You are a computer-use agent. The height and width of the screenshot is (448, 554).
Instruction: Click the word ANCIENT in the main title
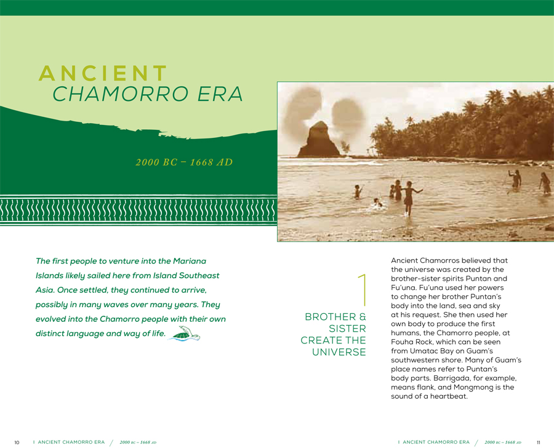(x=103, y=73)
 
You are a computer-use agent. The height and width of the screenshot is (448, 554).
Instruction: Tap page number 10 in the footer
(x=17, y=442)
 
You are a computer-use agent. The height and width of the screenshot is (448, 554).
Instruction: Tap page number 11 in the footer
(x=537, y=442)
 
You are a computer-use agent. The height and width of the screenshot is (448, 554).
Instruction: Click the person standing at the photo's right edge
(x=545, y=183)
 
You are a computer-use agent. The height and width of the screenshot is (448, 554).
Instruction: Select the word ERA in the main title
(x=219, y=94)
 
